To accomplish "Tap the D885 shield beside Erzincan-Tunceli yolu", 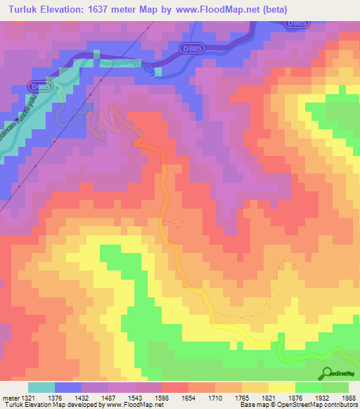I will (40, 86).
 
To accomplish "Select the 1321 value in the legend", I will (20, 398).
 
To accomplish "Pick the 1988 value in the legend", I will (349, 398).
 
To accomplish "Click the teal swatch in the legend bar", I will (42, 387).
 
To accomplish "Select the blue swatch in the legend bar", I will (69, 387).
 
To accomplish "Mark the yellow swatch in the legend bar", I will (281, 387).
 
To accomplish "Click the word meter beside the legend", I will (6, 398).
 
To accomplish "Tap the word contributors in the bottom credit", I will (340, 405).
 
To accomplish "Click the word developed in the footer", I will (79, 405).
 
